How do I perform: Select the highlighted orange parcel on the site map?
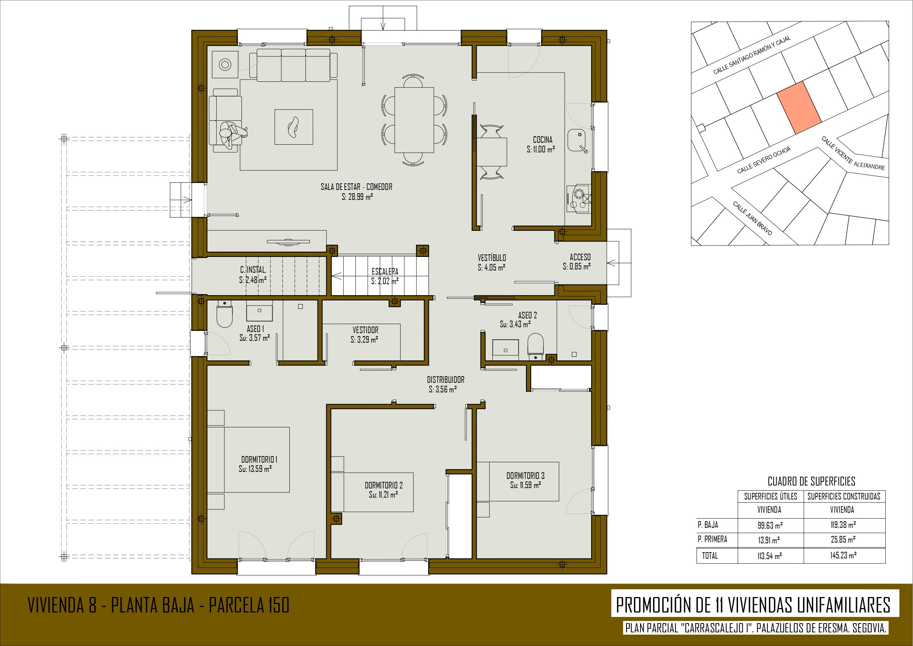coord(799,107)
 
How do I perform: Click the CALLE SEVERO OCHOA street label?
coord(764,160)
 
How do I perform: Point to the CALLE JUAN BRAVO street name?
coord(752,218)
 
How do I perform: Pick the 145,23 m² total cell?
coord(843,555)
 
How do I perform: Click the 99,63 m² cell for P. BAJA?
coord(770,525)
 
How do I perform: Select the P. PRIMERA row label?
coord(712,539)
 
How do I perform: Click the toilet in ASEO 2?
coord(535,345)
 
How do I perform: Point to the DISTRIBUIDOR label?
coord(445,380)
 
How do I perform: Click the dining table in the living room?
coord(414,120)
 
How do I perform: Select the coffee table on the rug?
coord(294,127)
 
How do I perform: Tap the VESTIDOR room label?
coord(365,330)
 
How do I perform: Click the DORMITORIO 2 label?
coord(384,485)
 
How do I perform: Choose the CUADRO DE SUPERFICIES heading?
coord(811,481)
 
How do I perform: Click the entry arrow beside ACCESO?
coord(613,263)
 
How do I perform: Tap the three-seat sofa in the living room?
coord(294,65)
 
